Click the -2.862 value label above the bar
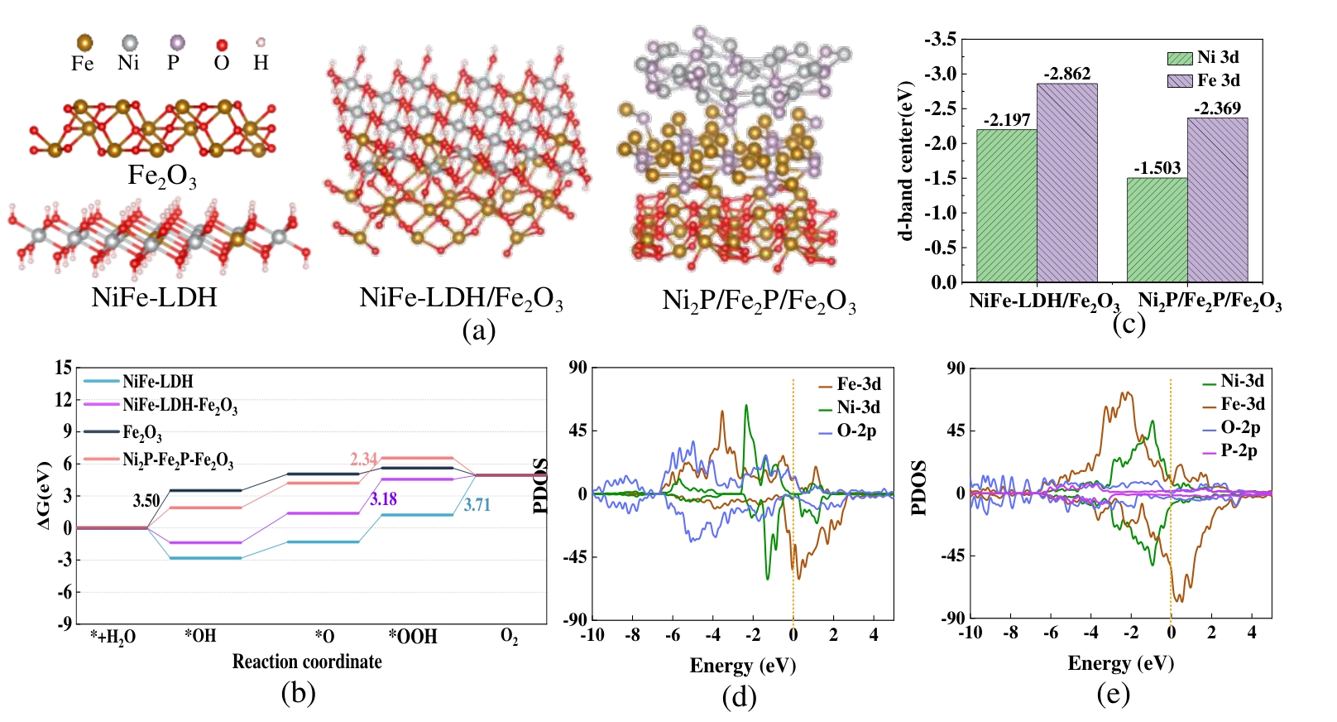[x=1066, y=74]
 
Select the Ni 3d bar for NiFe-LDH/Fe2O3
[x=1006, y=206]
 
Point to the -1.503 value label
[x=1157, y=168]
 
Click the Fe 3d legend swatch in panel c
[x=1180, y=81]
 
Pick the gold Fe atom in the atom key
[x=84, y=42]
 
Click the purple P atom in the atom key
[x=176, y=42]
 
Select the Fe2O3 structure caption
[x=162, y=176]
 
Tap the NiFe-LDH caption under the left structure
[x=154, y=296]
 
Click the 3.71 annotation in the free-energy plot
[x=477, y=505]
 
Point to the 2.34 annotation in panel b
[x=363, y=459]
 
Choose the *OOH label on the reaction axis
[x=413, y=637]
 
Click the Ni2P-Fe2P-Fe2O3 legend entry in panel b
[x=178, y=460]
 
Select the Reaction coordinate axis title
[x=307, y=662]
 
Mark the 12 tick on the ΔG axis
[x=64, y=400]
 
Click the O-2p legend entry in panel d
[x=856, y=431]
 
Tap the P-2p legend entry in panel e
[x=1239, y=451]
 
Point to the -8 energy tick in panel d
[x=633, y=635]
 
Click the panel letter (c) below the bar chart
[x=1129, y=323]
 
